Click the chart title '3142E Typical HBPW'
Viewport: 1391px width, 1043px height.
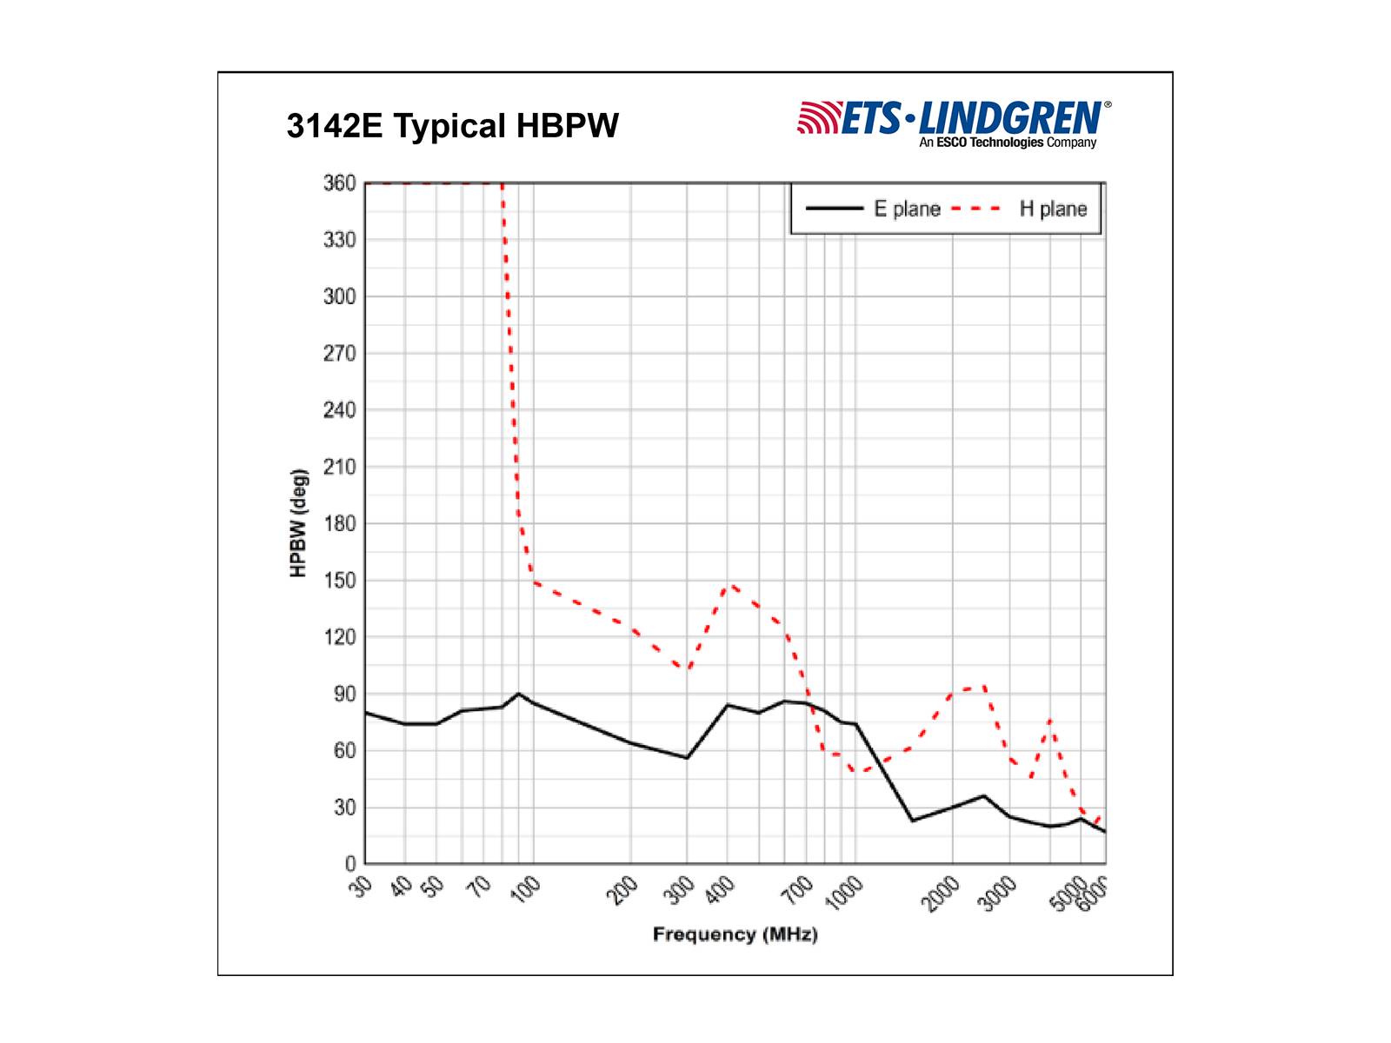[452, 126]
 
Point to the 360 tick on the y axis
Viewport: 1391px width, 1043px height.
[340, 183]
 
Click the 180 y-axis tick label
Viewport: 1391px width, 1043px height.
[340, 523]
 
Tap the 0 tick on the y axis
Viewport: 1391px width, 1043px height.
[350, 864]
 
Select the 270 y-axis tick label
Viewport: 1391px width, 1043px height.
[340, 354]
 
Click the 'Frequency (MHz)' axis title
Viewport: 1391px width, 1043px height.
[735, 935]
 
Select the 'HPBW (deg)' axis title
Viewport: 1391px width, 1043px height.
[299, 523]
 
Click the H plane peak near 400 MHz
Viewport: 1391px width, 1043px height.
[731, 585]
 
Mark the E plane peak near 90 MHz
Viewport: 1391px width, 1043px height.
[518, 694]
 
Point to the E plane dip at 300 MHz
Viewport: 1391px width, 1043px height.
[687, 758]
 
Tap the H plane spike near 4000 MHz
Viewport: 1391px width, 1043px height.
[1050, 721]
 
